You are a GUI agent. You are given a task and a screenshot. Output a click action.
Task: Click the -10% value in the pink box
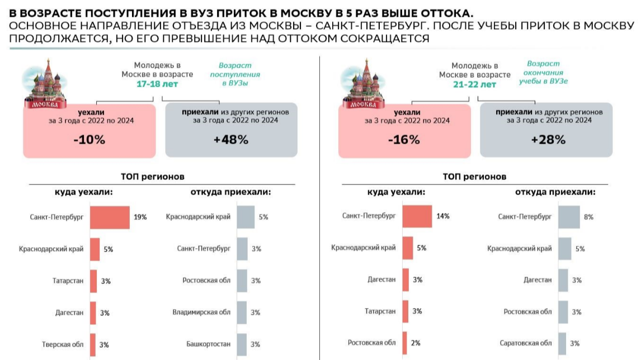coord(89,140)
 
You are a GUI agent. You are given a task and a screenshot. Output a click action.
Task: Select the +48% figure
coord(230,140)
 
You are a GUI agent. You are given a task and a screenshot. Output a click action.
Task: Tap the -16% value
coord(404,140)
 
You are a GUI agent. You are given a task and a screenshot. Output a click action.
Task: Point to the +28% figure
coord(548,140)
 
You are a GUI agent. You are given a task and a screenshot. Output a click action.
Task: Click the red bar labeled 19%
coord(110,216)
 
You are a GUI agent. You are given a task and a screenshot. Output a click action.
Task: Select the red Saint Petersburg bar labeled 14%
coord(417,216)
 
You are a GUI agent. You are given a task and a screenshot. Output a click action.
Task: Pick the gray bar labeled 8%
coord(569,216)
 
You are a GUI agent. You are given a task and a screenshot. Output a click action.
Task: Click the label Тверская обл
coord(63,344)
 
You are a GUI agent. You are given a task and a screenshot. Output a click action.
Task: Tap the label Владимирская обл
coord(201,312)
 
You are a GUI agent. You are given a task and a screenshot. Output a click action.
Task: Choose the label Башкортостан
coord(209,344)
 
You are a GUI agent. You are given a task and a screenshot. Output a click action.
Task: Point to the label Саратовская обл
coord(526,343)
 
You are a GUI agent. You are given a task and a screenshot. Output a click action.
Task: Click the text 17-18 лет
coord(157,84)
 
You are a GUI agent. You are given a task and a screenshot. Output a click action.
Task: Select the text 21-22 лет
coord(474,84)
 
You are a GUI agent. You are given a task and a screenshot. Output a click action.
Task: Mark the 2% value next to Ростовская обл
coord(416,343)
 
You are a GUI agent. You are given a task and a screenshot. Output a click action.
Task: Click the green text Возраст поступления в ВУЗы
coord(235,74)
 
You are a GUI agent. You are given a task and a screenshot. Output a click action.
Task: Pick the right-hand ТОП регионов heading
coord(474,177)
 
